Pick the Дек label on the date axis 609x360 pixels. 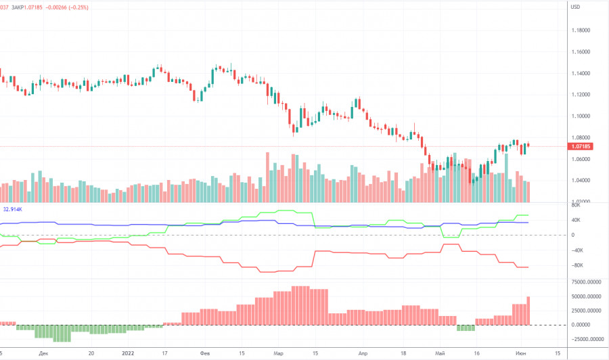point(44,353)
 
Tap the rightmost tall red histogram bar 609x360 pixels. point(528,311)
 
